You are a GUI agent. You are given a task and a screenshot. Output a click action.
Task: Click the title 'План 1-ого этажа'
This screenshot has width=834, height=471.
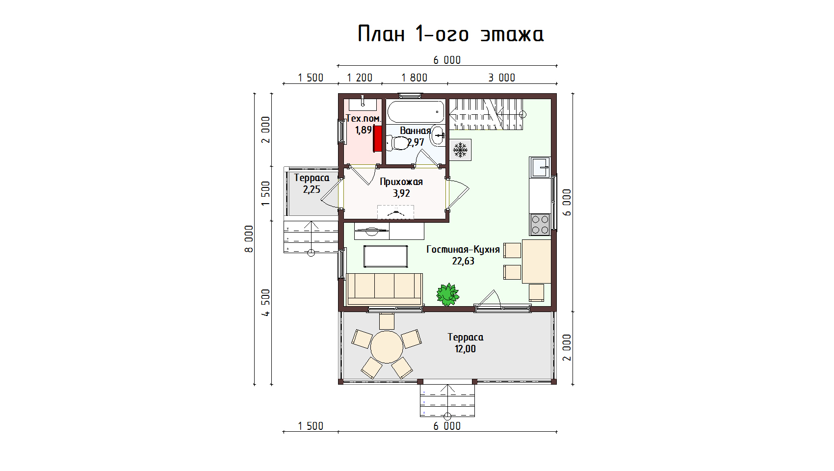tap(450, 34)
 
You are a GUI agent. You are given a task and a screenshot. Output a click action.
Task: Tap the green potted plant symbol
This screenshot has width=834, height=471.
tap(447, 294)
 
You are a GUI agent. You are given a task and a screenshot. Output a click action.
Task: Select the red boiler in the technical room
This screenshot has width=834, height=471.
tap(378, 138)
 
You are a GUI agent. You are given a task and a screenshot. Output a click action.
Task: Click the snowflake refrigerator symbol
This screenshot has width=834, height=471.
tap(460, 150)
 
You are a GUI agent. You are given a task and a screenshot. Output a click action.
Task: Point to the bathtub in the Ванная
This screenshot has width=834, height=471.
tap(416, 111)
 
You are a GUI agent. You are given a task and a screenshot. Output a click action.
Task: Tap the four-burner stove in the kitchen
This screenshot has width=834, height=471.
tap(540, 225)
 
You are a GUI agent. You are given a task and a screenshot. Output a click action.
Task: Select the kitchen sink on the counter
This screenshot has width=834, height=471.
tap(540, 167)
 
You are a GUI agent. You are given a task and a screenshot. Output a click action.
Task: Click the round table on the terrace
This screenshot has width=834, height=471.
tap(387, 347)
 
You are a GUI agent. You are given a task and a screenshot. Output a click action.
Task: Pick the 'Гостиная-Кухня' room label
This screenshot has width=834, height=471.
tap(463, 249)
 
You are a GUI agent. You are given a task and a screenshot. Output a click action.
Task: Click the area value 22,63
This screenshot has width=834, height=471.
tap(463, 261)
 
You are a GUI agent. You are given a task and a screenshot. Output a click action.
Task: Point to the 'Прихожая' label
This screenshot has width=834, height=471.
tap(401, 182)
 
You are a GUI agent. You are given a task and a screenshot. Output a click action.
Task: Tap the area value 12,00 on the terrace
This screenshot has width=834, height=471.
tap(465, 349)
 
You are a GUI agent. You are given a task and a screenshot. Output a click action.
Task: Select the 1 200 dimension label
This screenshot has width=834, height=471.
tap(360, 78)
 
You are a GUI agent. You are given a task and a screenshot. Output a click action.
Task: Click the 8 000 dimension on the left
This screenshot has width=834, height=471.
tap(249, 238)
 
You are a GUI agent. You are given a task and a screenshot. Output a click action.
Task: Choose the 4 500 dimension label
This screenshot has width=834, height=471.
tap(265, 303)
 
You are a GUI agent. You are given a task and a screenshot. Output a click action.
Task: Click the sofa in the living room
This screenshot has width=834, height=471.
tap(384, 289)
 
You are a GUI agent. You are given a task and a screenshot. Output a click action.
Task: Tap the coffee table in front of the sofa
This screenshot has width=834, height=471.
tap(385, 256)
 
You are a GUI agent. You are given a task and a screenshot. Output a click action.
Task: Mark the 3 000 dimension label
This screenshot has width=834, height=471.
tap(501, 78)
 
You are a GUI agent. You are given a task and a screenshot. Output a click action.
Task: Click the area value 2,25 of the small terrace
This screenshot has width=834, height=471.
tap(312, 189)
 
